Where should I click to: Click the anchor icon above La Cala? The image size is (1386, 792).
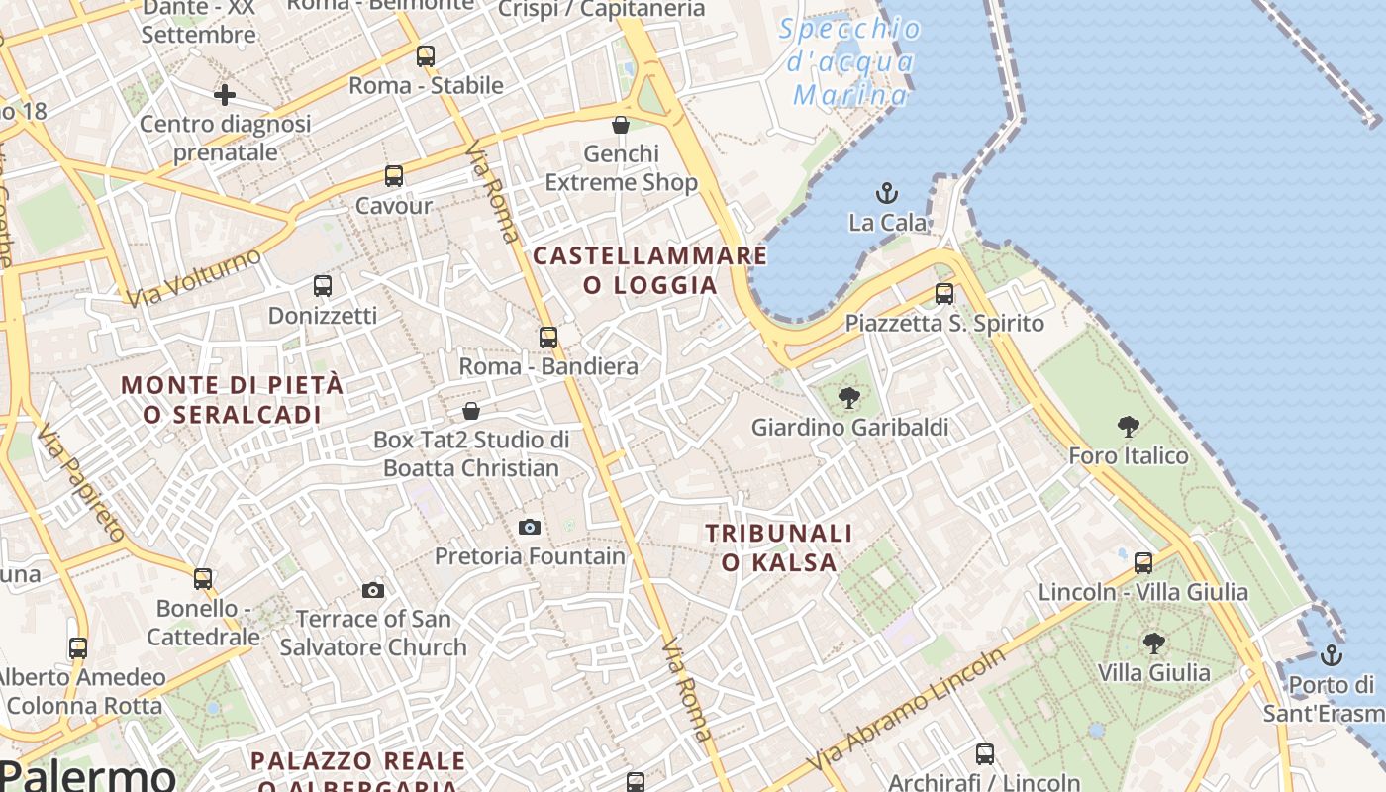(887, 192)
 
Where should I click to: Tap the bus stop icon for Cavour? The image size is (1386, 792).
(394, 176)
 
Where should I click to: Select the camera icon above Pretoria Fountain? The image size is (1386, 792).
(530, 527)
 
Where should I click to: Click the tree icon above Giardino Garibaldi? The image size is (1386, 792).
(848, 398)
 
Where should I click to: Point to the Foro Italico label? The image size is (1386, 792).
(1128, 455)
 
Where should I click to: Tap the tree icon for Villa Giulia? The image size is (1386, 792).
(1153, 643)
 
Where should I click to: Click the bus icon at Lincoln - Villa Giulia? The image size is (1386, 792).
(1143, 562)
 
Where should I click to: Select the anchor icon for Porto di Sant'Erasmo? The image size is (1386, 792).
(1332, 654)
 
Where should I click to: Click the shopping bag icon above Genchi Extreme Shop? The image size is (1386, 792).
(621, 125)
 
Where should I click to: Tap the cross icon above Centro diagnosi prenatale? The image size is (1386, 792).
(225, 95)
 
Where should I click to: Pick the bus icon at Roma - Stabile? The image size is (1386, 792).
(426, 56)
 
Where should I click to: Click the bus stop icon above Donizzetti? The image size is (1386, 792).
(323, 286)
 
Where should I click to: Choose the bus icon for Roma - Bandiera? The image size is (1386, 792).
(548, 337)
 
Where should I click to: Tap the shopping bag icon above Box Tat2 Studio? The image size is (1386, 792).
(471, 410)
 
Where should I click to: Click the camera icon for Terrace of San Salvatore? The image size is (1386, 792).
(373, 590)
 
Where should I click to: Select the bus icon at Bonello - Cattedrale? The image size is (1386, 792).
(203, 578)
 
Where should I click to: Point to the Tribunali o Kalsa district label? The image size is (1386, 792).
(779, 547)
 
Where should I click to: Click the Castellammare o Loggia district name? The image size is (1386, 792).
(649, 270)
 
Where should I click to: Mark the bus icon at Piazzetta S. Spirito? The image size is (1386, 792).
(944, 294)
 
